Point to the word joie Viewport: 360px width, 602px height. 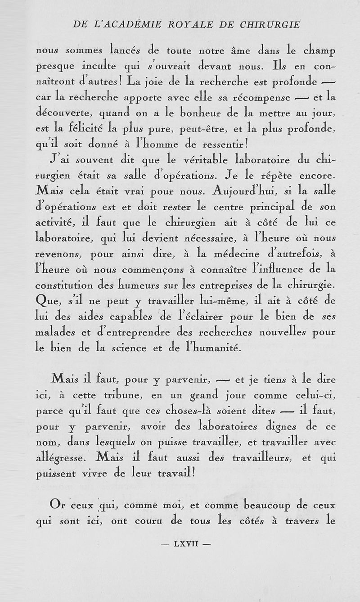click(x=149, y=82)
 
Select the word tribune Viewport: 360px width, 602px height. click(x=120, y=396)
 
